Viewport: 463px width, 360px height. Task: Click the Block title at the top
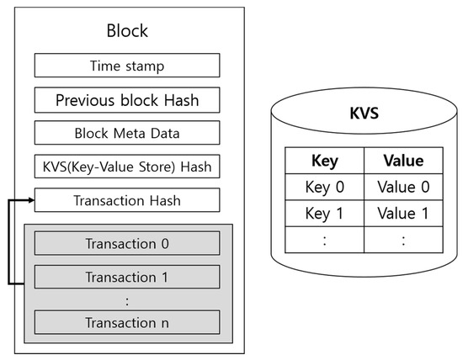pos(127,30)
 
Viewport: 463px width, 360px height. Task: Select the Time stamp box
pos(127,66)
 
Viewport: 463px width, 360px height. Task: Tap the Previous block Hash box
pos(127,100)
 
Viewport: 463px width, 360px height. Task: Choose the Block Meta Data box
pos(127,133)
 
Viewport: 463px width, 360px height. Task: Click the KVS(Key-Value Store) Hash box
pos(127,167)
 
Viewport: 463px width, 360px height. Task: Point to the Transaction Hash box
pos(127,200)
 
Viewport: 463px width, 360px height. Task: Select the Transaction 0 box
pos(127,243)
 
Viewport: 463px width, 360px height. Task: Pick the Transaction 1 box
pos(127,277)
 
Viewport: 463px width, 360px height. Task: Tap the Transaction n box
pos(127,322)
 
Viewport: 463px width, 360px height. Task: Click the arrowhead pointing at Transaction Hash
pos(32,200)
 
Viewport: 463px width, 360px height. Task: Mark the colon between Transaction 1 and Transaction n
pos(127,301)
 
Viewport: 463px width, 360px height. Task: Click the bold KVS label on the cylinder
pos(364,113)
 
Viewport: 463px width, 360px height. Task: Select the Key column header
pos(324,161)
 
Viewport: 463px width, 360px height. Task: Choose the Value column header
pos(403,161)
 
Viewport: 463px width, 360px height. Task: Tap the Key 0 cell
pos(324,187)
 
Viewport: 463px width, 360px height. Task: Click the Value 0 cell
pos(403,187)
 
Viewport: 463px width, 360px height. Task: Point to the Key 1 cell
pos(324,214)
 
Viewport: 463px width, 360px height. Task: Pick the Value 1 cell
pos(403,214)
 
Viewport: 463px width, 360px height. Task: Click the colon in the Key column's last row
pos(324,241)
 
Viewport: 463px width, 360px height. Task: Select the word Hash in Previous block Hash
pos(181,100)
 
